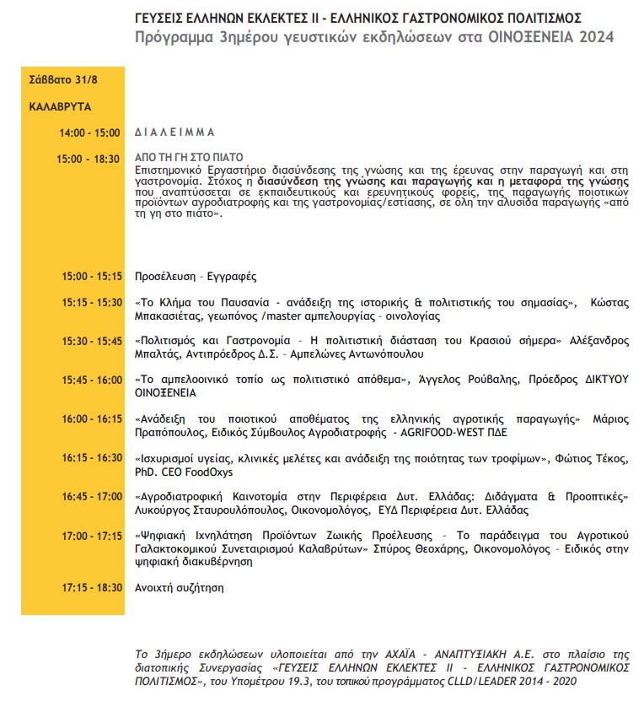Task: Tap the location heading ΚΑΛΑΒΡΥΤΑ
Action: tap(60, 108)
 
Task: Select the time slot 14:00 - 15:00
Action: tap(89, 133)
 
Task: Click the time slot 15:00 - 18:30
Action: tap(89, 159)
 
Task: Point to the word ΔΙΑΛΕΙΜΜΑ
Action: tap(175, 133)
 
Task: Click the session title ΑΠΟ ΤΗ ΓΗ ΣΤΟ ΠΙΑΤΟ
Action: tap(189, 158)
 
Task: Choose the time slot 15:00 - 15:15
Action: tap(92, 277)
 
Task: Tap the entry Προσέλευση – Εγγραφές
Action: tap(196, 277)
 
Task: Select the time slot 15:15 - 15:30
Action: tap(92, 302)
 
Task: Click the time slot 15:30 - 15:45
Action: tap(92, 342)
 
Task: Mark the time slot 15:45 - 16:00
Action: tap(92, 380)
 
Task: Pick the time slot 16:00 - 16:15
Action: tap(92, 418)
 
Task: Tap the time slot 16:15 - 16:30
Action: tap(92, 457)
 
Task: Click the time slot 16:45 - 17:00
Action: tap(92, 497)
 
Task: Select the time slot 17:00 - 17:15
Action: tap(92, 536)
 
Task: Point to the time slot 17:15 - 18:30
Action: tap(92, 587)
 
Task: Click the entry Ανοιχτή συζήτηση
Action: tap(180, 587)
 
